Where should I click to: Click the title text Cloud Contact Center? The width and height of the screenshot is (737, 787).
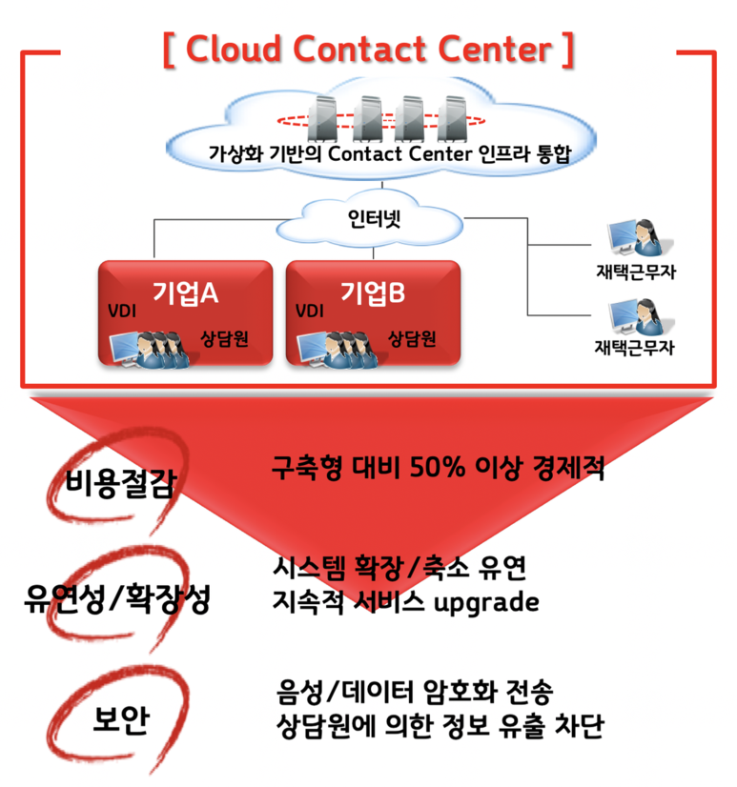tap(369, 50)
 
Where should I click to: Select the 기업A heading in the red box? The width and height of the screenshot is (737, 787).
tap(185, 293)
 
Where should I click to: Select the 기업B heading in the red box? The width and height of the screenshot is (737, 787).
tap(373, 293)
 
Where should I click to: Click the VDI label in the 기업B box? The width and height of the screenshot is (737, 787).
tap(310, 311)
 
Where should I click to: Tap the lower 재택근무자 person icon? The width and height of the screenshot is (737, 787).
tap(633, 316)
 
